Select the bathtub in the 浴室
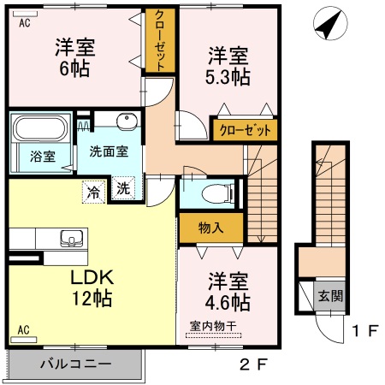(39, 133)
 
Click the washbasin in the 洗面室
(127, 121)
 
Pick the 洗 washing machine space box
(124, 189)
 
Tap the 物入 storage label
(210, 228)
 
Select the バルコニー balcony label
(75, 364)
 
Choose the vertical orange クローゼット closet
(159, 40)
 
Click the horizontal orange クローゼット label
(244, 130)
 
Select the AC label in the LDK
(24, 329)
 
